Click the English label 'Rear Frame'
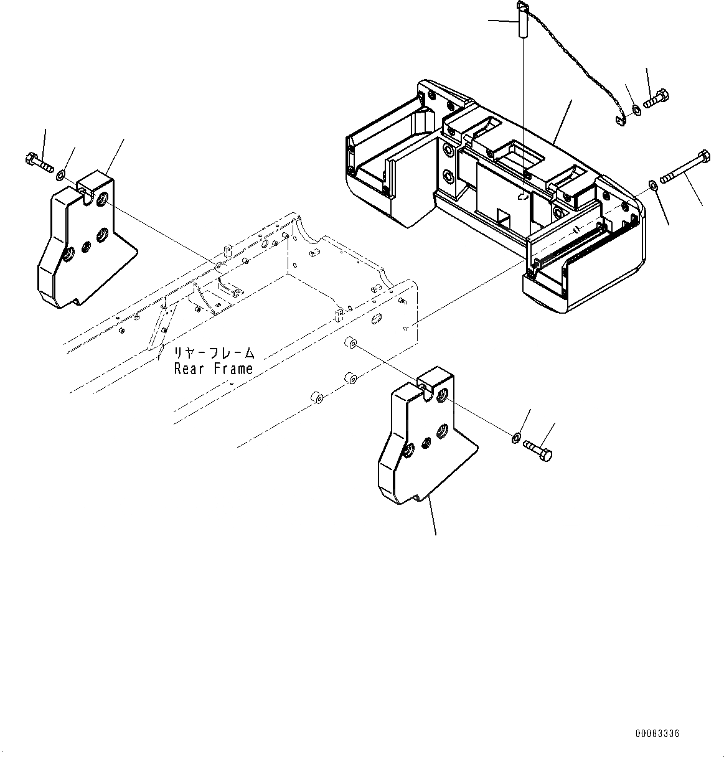tap(214, 369)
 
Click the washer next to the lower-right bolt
tap(516, 438)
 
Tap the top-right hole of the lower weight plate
tap(443, 394)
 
